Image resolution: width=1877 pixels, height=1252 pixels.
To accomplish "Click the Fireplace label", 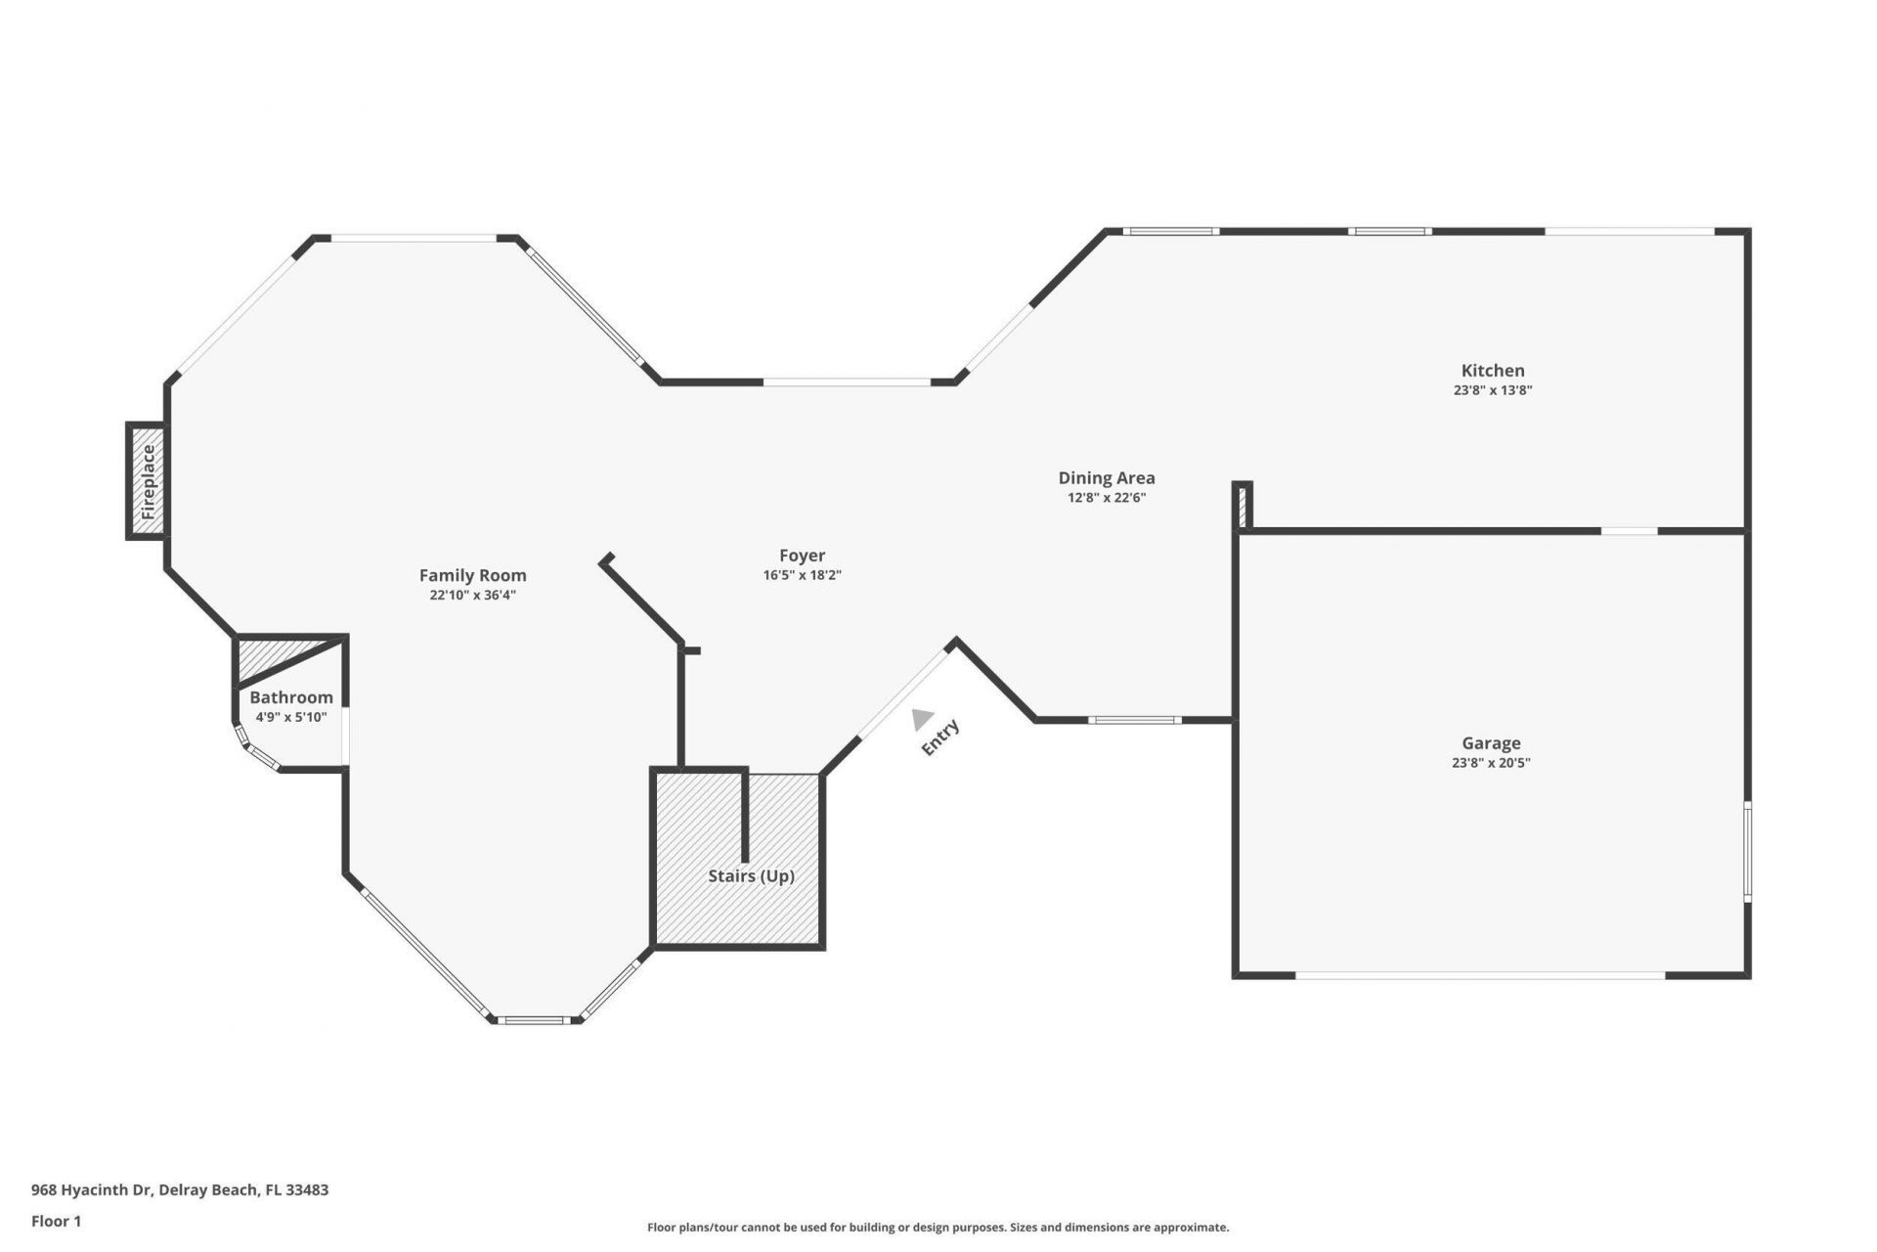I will (149, 481).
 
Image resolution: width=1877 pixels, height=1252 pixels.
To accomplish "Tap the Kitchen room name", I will (1492, 371).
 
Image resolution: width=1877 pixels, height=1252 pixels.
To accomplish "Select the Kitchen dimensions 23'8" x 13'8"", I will (1492, 390).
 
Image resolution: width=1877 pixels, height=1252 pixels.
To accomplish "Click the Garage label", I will (1491, 743).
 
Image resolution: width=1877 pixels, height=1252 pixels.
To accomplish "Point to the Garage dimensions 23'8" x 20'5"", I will (1491, 763).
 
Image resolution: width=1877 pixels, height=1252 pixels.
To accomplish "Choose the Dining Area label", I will (1106, 478).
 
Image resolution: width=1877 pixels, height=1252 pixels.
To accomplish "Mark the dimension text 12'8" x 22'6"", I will (1106, 498).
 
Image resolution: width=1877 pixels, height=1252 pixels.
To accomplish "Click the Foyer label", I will (802, 556).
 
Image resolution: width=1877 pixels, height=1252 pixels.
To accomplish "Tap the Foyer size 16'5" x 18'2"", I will (802, 575).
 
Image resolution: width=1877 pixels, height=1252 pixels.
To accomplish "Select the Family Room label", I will (472, 576).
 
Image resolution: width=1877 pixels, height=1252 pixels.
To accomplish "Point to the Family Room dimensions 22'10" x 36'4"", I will (472, 595).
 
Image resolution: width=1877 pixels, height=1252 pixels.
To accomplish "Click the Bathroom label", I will (291, 697).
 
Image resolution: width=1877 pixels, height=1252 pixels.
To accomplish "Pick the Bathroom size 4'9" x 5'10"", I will (291, 717).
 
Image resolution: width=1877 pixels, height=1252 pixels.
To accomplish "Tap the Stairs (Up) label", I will (751, 876).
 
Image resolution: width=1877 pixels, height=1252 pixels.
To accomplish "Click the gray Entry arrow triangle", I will (921, 720).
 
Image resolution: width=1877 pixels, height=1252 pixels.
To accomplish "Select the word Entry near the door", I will (940, 738).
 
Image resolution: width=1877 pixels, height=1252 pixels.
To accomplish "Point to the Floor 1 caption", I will (56, 1221).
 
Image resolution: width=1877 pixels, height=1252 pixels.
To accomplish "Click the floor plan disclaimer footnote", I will (938, 1227).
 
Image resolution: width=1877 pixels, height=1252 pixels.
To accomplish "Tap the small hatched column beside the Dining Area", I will (1242, 507).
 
